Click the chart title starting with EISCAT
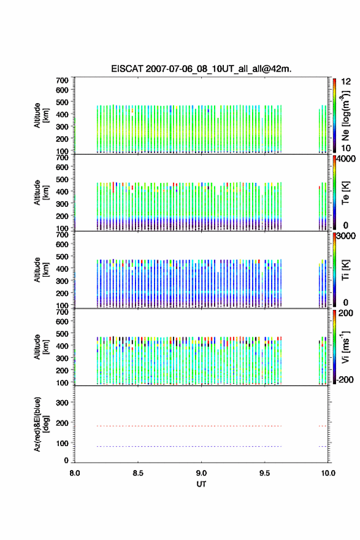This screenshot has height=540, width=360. [x=201, y=69]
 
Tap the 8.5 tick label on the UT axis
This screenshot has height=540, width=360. [x=138, y=473]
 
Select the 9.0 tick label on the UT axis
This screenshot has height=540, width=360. [x=201, y=473]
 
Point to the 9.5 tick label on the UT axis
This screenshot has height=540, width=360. [x=265, y=473]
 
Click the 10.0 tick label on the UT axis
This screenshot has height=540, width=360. [x=328, y=473]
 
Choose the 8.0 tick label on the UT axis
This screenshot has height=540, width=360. [x=75, y=473]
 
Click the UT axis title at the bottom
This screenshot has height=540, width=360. [x=201, y=484]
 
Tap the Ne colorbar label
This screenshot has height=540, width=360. [x=345, y=116]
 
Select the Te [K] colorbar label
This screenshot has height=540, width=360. [x=345, y=193]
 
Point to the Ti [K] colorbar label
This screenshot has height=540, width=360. [x=345, y=270]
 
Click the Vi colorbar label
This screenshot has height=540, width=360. [x=345, y=347]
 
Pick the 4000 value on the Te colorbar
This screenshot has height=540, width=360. [x=346, y=159]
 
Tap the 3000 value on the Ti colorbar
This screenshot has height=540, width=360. [x=346, y=236]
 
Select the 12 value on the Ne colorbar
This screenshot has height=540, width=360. [x=346, y=82]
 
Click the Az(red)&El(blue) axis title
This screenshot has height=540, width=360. [x=41, y=424]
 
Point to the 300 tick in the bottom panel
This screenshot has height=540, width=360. [x=62, y=403]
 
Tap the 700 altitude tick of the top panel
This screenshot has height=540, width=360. [x=62, y=80]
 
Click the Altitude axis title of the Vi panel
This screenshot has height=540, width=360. [x=41, y=347]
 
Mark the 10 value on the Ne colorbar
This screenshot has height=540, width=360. [x=346, y=148]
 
